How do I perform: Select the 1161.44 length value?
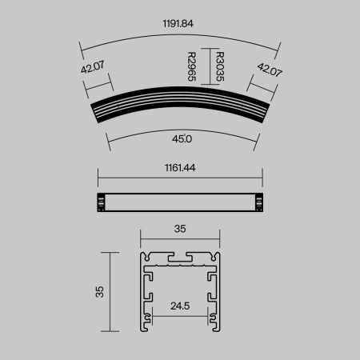(x=180, y=169)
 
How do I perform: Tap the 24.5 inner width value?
(x=180, y=304)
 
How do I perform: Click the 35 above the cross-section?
(x=180, y=229)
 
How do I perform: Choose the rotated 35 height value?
(x=99, y=291)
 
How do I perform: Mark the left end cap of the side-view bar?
(x=100, y=203)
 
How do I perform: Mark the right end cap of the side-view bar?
(x=259, y=203)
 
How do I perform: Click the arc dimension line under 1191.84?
(x=180, y=34)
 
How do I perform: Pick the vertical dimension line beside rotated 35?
(x=109, y=291)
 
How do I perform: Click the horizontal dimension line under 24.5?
(x=180, y=314)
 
